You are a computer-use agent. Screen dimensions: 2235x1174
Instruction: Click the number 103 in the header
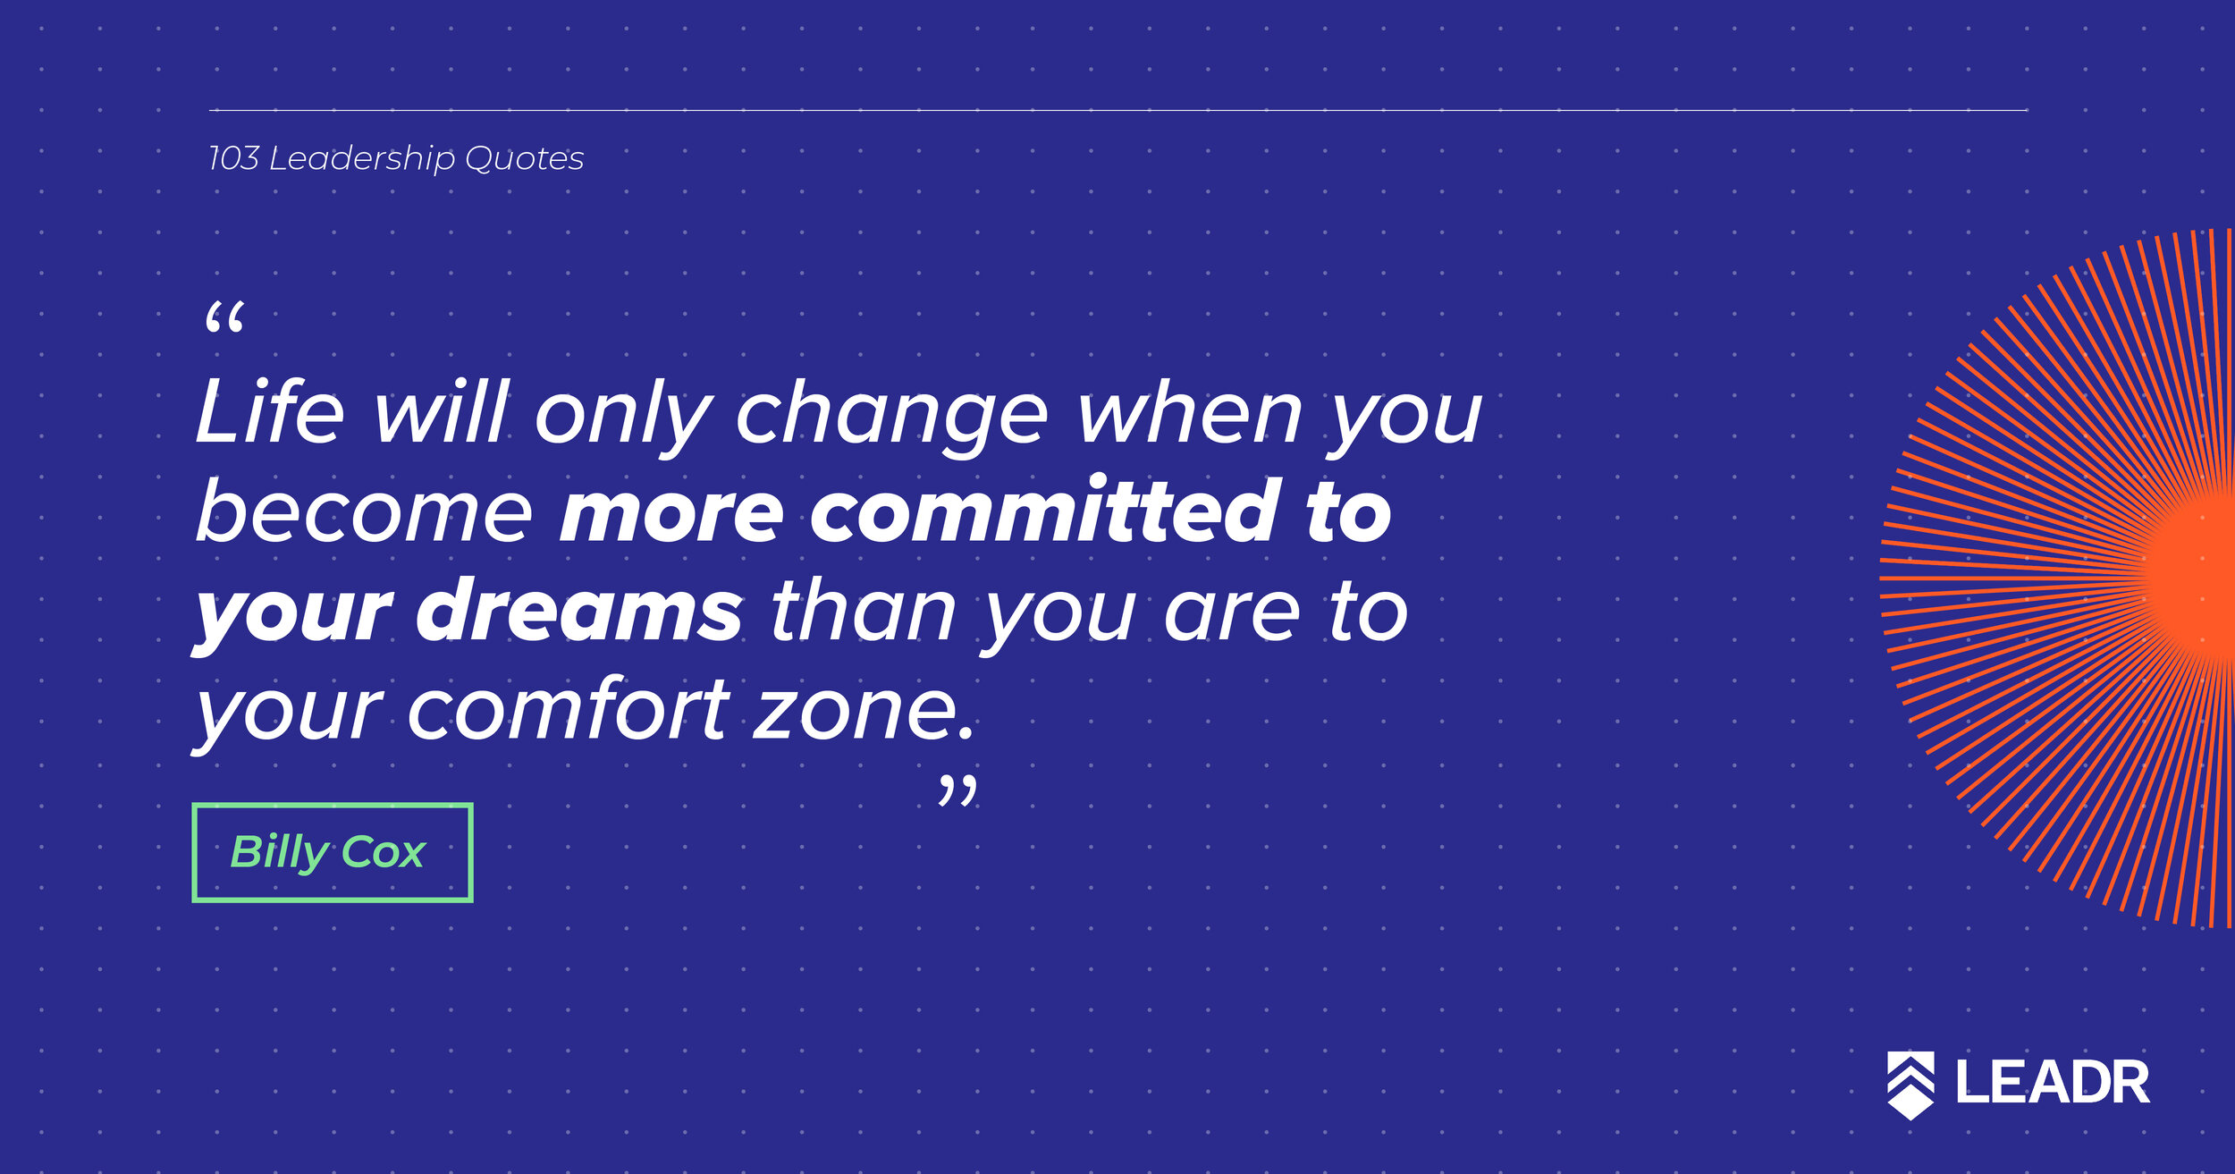[x=233, y=158]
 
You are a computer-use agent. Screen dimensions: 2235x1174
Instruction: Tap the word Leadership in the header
[x=362, y=159]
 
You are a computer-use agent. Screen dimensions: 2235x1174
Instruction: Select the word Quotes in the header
[x=524, y=158]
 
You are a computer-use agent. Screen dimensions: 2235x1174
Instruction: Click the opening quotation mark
[x=224, y=317]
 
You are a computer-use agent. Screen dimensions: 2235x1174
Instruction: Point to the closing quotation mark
[x=957, y=790]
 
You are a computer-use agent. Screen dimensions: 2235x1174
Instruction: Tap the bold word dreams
[x=578, y=609]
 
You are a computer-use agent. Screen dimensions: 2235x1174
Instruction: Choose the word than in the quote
[x=863, y=609]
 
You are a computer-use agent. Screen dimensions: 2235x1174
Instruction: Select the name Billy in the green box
[x=280, y=853]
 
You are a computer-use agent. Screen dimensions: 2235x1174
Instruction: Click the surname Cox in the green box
[x=384, y=853]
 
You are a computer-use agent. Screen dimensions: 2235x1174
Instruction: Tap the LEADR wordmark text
[x=2053, y=1083]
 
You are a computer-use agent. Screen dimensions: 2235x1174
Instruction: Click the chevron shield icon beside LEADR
[x=1910, y=1085]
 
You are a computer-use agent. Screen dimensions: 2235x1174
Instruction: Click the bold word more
[x=670, y=516]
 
